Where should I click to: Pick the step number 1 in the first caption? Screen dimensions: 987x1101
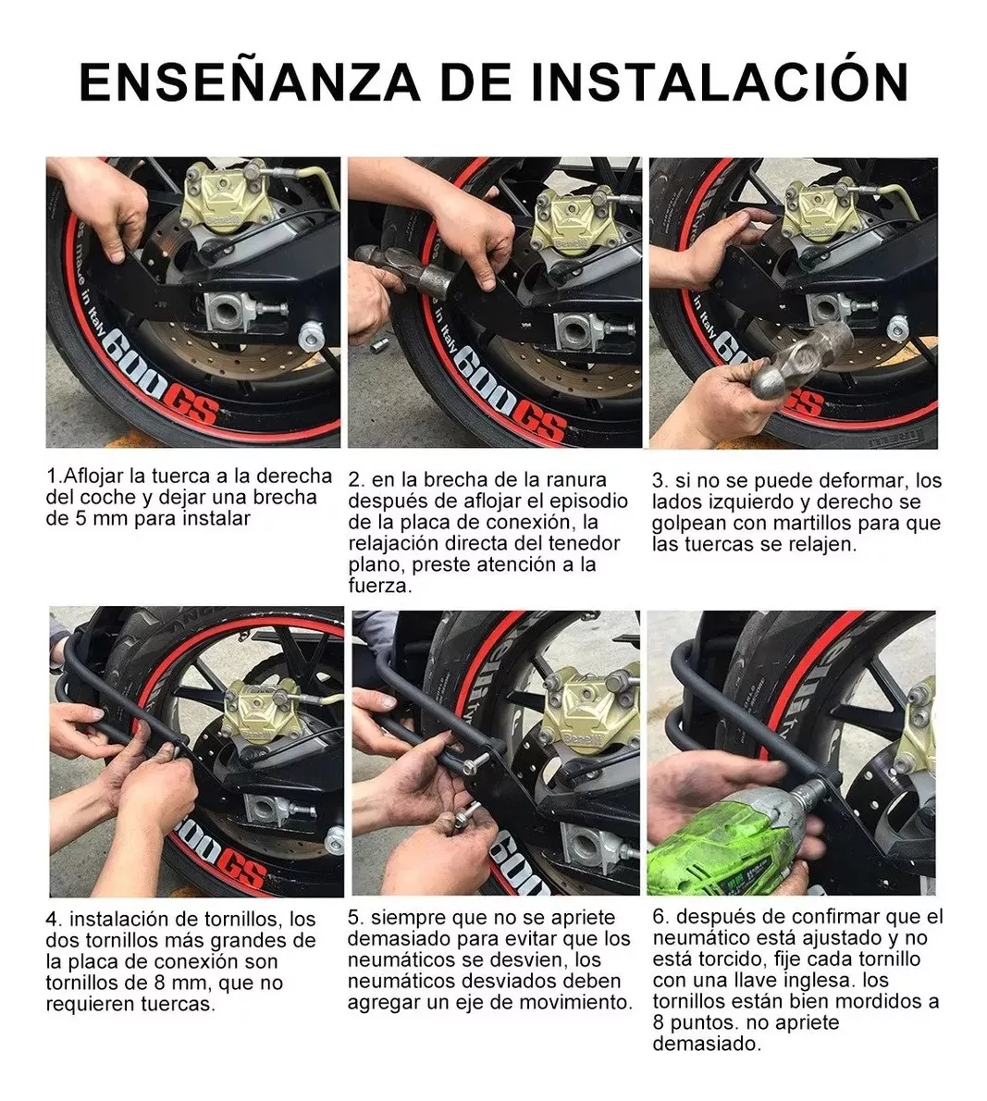point(51,476)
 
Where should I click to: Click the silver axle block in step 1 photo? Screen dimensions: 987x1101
point(231,313)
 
